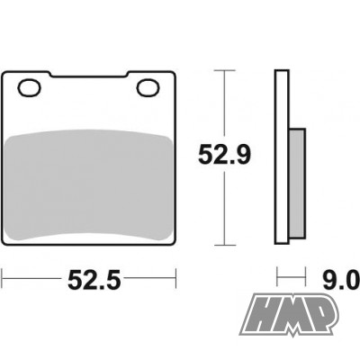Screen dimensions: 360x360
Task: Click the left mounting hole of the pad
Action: (30, 88)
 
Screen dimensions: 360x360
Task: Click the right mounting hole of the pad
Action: (148, 88)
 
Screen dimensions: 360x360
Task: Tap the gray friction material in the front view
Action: (90, 180)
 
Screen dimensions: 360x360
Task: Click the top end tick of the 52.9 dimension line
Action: (222, 70)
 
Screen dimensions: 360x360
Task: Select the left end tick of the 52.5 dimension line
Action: (4, 280)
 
